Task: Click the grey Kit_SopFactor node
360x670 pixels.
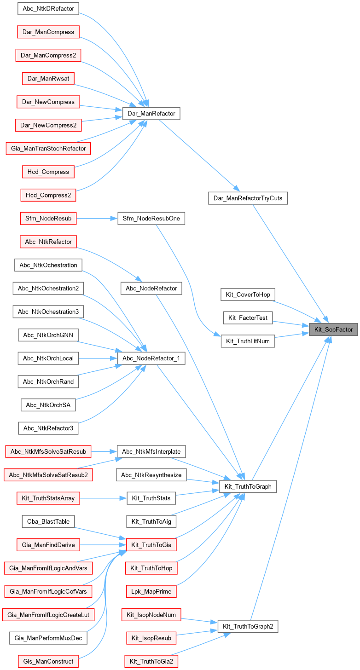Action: point(333,329)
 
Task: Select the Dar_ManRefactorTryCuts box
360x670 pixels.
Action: point(248,198)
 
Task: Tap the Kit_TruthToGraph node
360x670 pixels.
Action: point(248,486)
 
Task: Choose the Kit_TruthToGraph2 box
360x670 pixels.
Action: point(248,626)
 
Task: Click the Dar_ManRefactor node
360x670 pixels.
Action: point(151,113)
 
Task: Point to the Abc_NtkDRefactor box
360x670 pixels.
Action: point(48,8)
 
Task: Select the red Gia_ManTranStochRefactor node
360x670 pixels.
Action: point(48,148)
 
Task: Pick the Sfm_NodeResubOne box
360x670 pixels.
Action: point(151,218)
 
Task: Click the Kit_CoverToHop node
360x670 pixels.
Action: point(248,295)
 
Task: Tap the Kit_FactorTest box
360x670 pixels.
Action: point(248,318)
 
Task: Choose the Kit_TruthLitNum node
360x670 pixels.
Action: point(248,341)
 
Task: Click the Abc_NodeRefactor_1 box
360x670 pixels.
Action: point(151,358)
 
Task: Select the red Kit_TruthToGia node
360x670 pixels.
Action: point(151,545)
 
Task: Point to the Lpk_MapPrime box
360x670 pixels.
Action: point(151,591)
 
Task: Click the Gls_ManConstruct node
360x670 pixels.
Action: point(48,661)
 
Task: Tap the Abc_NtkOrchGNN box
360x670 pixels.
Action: point(48,335)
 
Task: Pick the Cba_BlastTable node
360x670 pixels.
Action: point(48,521)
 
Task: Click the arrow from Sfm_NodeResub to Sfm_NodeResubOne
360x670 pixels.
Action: point(97,218)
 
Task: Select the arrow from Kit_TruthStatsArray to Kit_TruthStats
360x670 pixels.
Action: point(103,498)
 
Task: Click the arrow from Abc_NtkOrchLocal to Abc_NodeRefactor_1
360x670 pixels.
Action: point(98,358)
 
